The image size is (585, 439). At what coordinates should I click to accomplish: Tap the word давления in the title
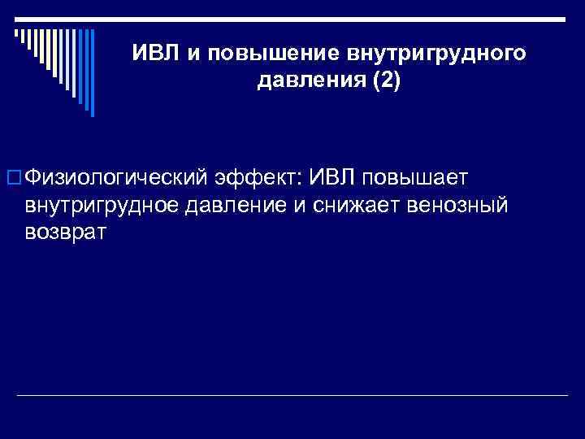pos(295,83)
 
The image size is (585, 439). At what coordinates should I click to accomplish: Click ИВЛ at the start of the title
pos(158,54)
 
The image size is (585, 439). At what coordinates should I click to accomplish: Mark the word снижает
pos(354,206)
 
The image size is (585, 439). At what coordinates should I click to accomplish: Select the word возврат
pos(65,233)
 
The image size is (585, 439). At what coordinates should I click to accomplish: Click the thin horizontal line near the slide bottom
pos(292,395)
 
